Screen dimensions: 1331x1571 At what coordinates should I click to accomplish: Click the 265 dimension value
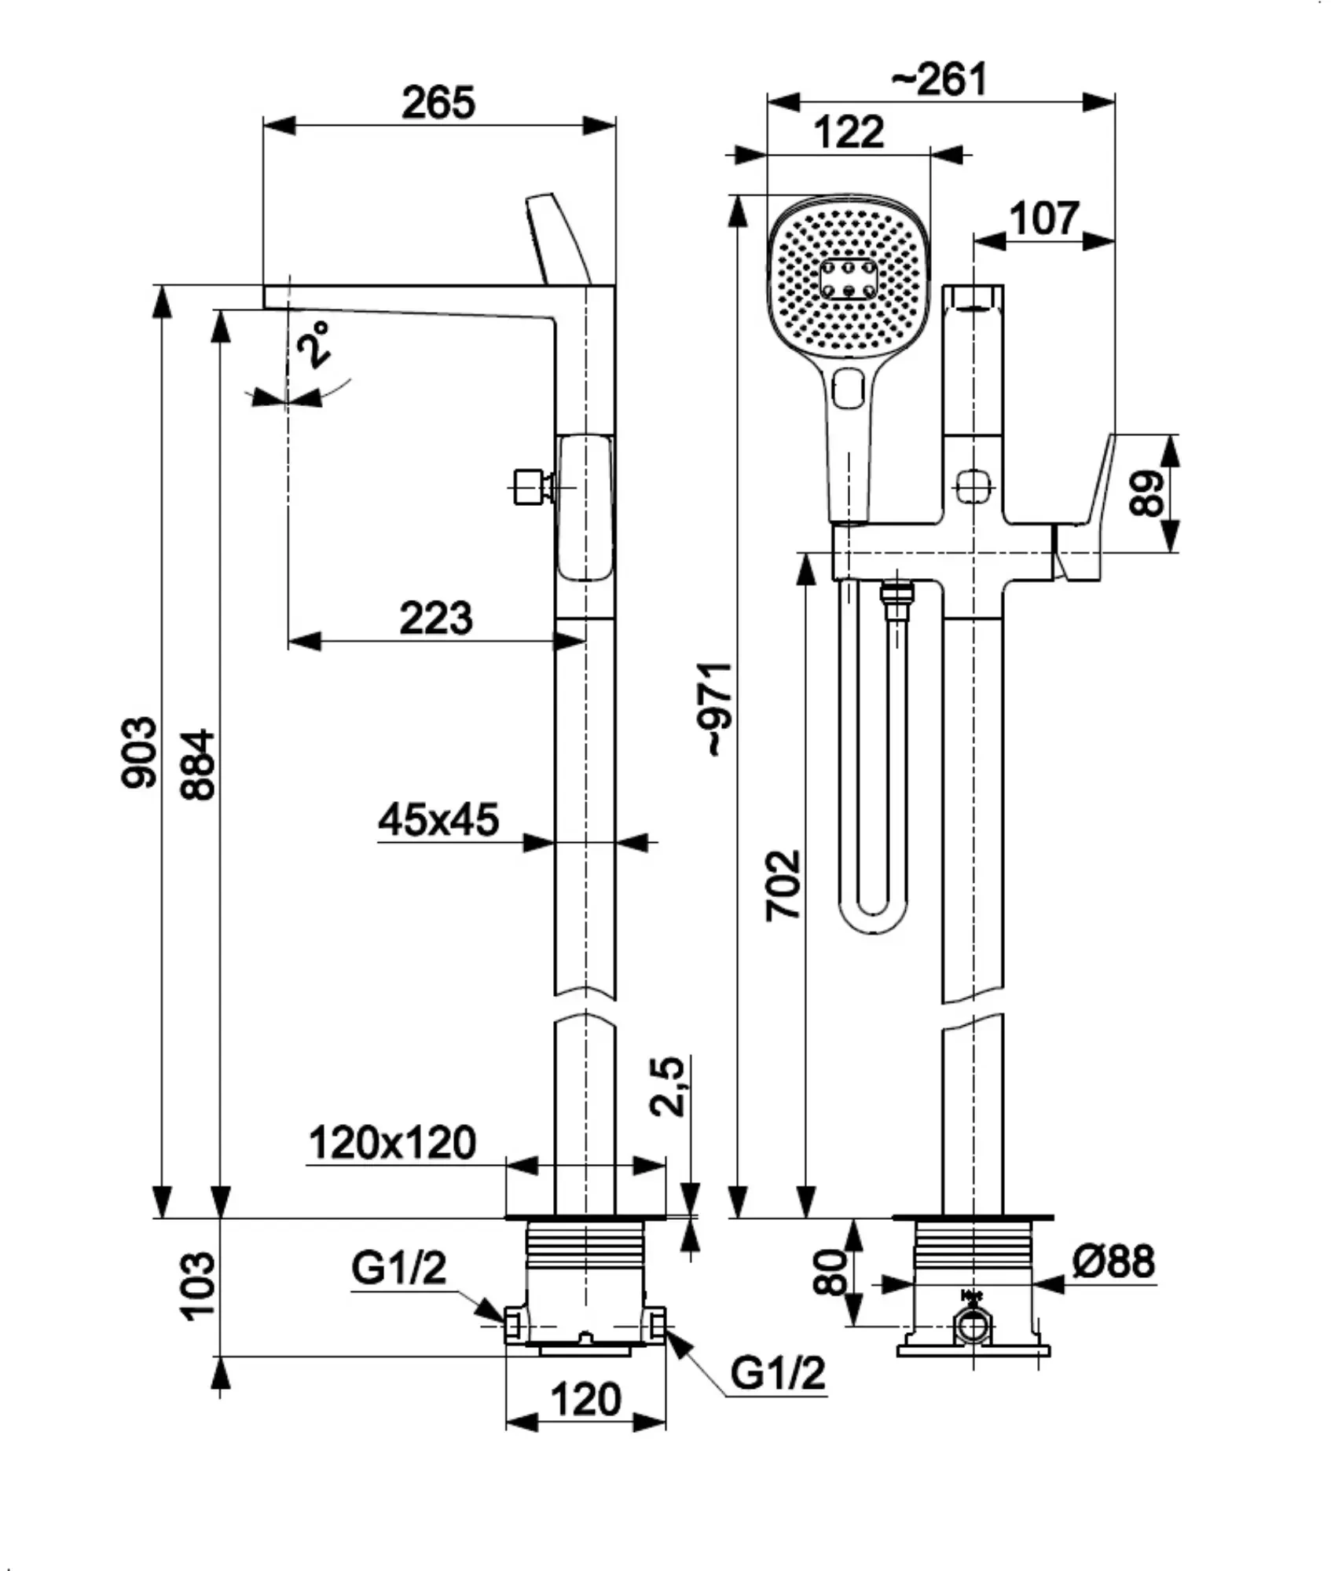tap(438, 102)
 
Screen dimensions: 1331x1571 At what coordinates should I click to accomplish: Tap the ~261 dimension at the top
tap(940, 79)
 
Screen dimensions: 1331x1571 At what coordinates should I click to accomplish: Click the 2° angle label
tap(314, 343)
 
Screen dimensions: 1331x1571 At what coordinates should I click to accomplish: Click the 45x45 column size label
tap(438, 819)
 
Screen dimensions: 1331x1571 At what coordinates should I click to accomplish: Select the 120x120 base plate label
tap(392, 1143)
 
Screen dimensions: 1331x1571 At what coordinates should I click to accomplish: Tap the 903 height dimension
tap(140, 752)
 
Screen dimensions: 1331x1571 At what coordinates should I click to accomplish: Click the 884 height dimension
tap(197, 765)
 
